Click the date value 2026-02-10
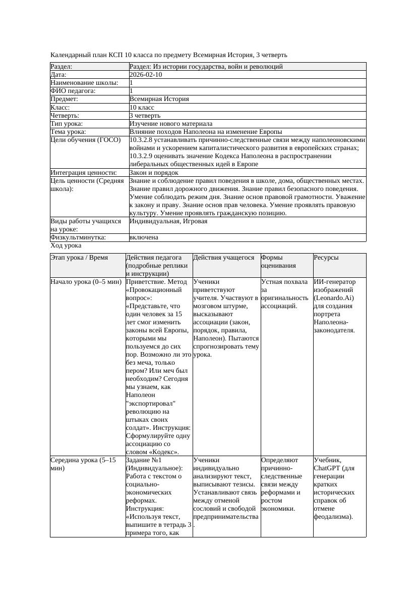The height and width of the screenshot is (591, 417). point(146,74)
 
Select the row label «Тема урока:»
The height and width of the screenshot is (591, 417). point(68,131)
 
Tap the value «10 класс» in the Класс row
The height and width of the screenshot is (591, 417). point(142,107)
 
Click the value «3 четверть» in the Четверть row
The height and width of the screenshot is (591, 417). point(145,115)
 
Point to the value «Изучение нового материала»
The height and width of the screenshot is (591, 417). point(170,123)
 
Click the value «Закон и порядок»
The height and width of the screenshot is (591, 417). point(154,173)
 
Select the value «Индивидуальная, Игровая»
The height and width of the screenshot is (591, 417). point(168,221)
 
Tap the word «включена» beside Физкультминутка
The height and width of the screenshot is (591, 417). point(144,237)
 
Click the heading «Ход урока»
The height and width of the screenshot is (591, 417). point(66,245)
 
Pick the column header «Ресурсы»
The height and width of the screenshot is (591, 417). point(326,258)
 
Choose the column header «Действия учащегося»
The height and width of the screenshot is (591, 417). point(223,258)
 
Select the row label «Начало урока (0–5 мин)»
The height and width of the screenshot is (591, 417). point(86,282)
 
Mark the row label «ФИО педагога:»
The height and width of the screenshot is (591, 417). point(73,91)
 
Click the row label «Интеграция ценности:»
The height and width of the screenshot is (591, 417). point(83,173)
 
